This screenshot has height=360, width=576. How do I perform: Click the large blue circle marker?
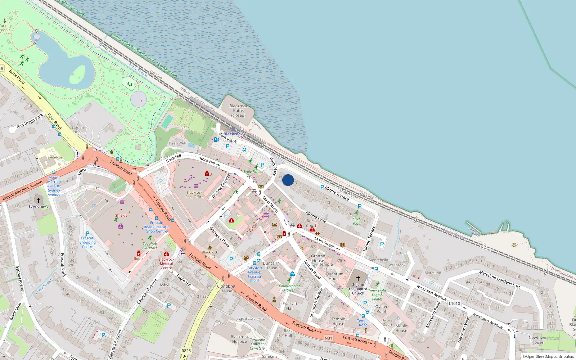[288, 180]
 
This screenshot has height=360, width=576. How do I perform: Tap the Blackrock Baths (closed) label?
[238, 111]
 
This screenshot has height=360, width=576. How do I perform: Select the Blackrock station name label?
[233, 134]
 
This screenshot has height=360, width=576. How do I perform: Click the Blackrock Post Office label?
[194, 195]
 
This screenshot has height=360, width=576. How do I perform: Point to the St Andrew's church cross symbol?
[39, 201]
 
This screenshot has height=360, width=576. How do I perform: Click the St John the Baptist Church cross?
[358, 278]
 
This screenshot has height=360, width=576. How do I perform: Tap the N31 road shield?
[328, 338]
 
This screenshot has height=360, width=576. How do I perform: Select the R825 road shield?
[186, 351]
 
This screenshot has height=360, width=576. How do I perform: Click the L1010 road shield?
[454, 303]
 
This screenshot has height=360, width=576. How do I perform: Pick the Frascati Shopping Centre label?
[87, 242]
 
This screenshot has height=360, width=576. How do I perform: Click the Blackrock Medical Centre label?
[166, 264]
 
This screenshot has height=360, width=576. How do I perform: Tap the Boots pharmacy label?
[139, 258]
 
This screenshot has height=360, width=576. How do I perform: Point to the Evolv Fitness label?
[253, 172]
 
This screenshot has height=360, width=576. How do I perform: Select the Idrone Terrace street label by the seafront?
[337, 193]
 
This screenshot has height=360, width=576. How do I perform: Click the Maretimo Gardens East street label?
[499, 279]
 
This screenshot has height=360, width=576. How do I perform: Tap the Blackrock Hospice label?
[239, 339]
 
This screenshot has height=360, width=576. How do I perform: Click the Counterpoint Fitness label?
[289, 288]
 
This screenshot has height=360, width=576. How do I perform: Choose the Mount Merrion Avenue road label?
[22, 191]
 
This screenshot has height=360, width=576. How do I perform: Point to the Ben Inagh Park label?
[30, 121]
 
